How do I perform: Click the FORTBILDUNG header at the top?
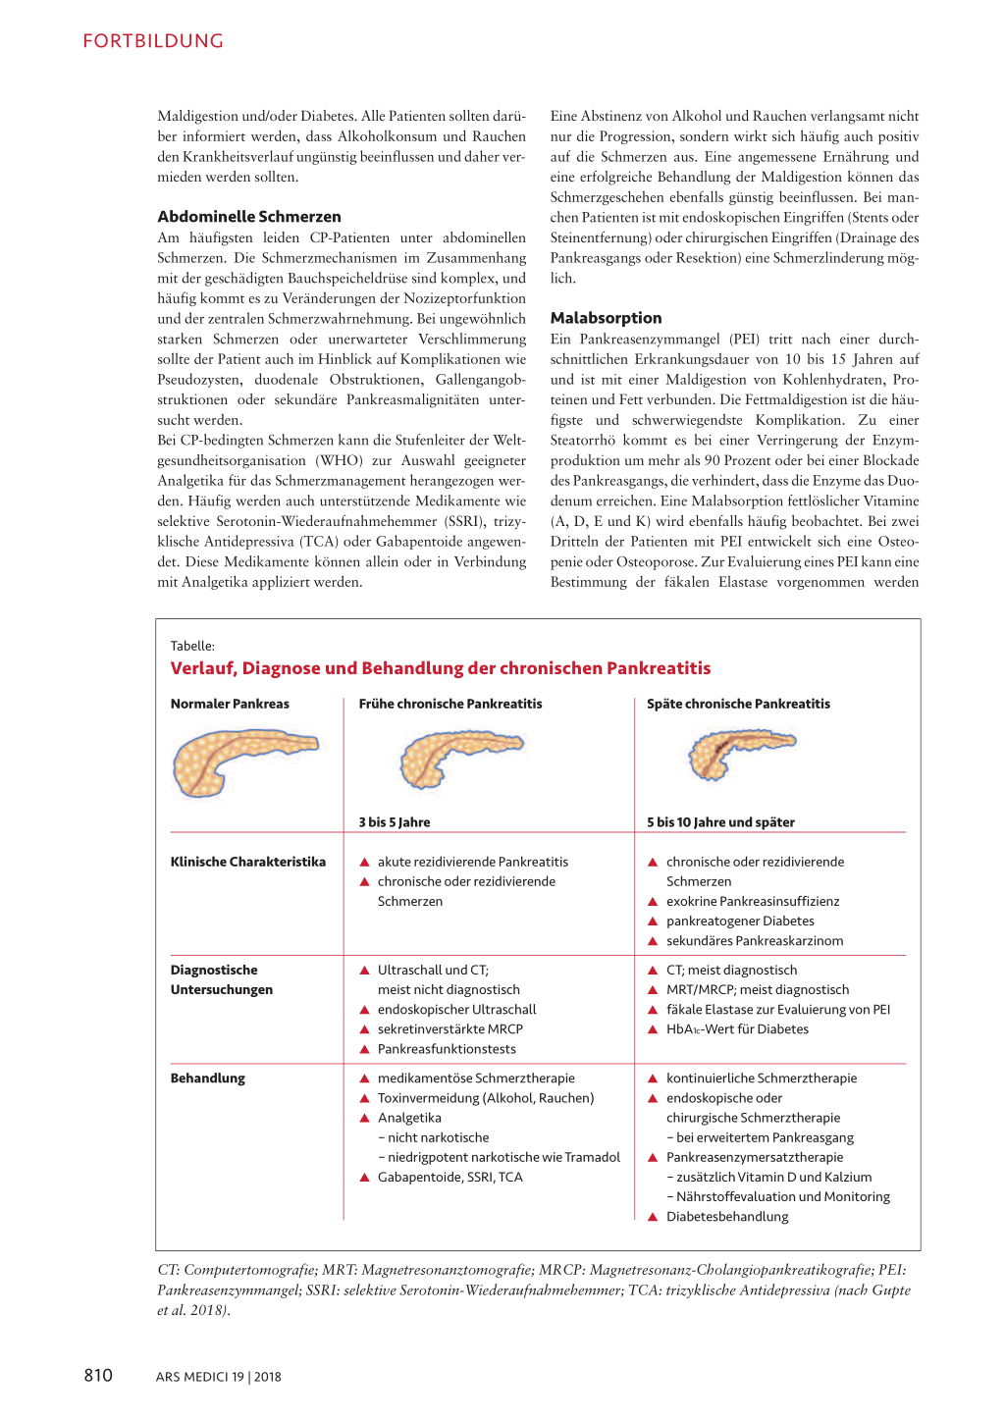pos(153,41)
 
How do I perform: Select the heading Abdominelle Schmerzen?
pos(249,217)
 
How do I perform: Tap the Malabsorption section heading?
pos(606,318)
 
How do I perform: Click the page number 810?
pos(98,1376)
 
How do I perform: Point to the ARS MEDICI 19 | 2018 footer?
pos(218,1377)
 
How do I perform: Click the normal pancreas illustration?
pos(244,763)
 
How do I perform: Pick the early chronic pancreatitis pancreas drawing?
pos(459,757)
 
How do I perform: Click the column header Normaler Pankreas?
pos(230,704)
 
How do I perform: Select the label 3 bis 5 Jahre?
pos(395,822)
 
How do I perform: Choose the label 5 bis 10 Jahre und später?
pos(720,822)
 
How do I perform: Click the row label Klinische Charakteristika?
pos(248,862)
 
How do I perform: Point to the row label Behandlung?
pos(208,1078)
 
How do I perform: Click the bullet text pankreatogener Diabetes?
pos(740,921)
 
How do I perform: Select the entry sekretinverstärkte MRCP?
pos(450,1028)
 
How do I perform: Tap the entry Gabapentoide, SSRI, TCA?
pos(450,1177)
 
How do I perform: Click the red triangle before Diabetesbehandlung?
pos(653,1217)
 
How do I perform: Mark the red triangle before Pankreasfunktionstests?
pos(364,1049)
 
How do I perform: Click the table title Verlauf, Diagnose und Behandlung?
pos(441,668)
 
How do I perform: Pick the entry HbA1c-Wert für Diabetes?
pos(737,1028)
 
